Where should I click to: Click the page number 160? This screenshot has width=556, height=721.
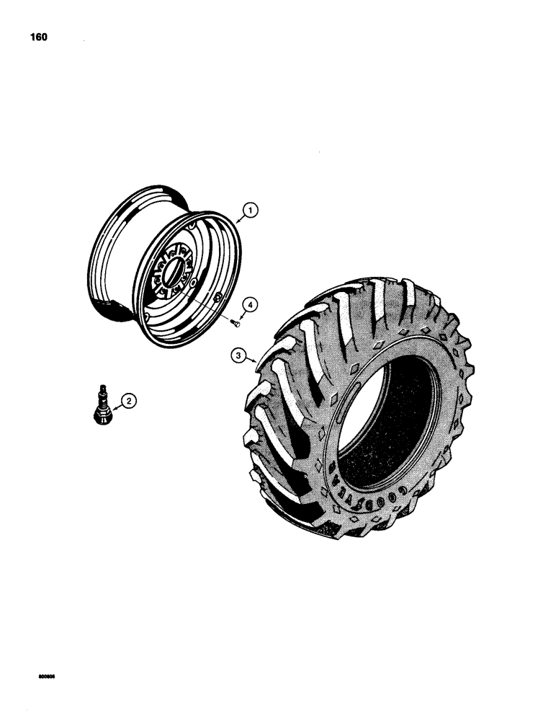tap(37, 37)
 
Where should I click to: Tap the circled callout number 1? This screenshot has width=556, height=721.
tap(249, 211)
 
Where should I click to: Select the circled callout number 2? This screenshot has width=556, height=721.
tap(128, 400)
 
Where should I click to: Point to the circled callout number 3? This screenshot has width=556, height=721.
tap(235, 355)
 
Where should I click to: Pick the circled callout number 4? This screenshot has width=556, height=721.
tap(248, 306)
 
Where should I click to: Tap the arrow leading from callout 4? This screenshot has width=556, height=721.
tap(243, 316)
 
